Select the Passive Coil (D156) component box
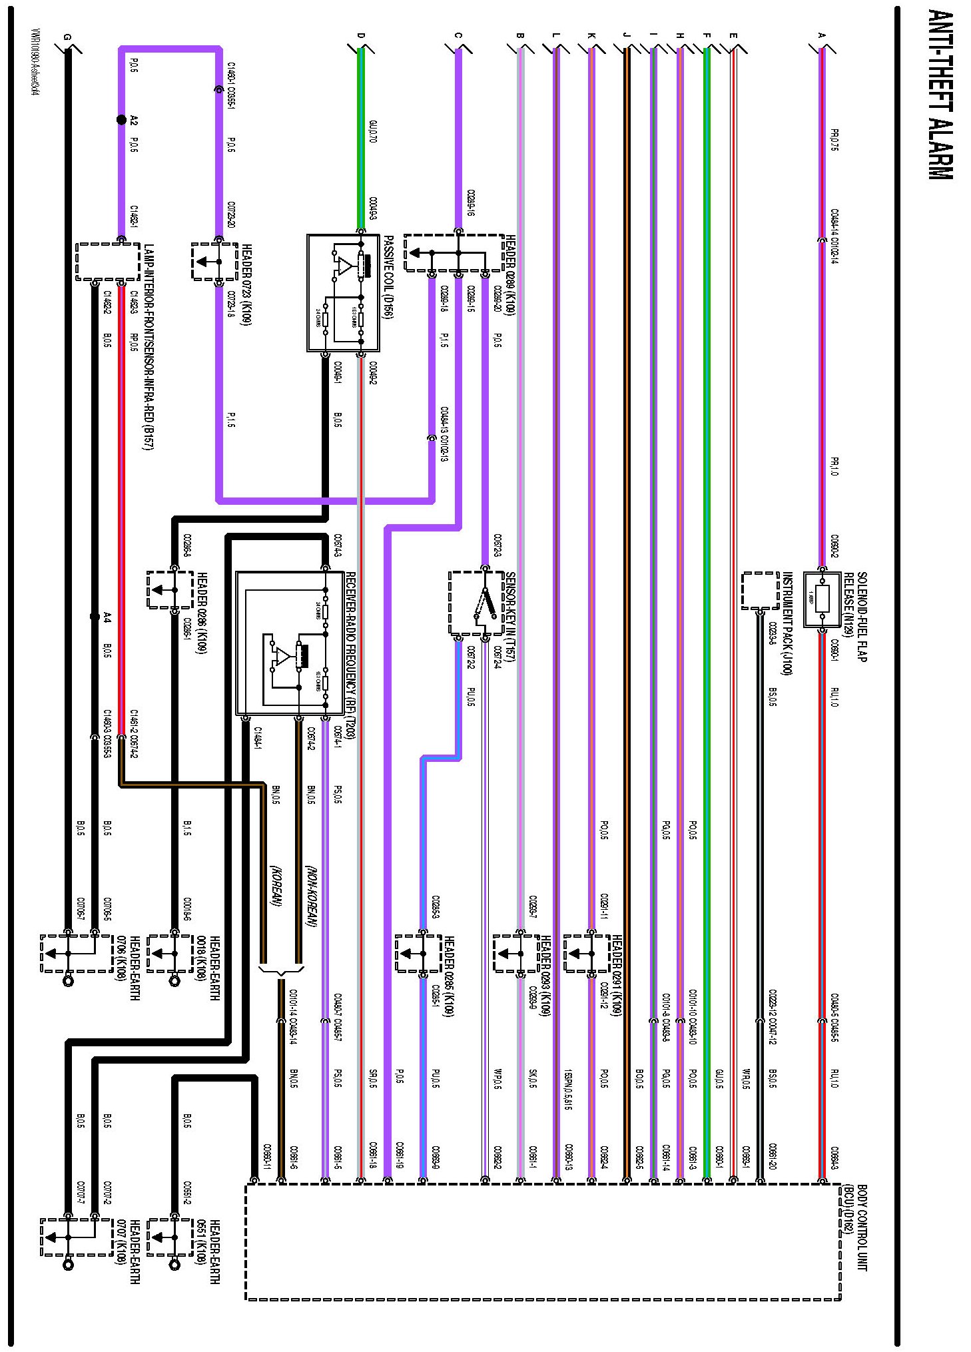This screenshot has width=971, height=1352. [343, 293]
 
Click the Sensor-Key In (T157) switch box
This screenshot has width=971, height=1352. [476, 603]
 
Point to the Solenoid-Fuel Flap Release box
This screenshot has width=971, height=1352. [822, 599]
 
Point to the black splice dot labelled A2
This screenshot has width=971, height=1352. [121, 120]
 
